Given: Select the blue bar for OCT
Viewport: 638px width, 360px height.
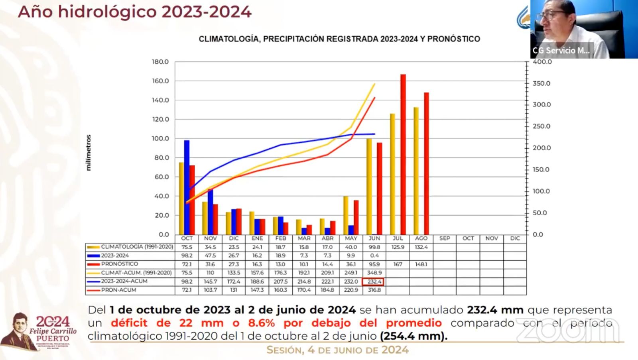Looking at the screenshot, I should (187, 187).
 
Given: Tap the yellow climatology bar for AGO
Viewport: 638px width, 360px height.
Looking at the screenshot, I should (416, 171).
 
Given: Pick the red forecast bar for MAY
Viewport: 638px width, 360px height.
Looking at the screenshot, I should (356, 217).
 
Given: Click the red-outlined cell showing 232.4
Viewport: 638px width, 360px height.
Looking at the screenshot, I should (374, 281).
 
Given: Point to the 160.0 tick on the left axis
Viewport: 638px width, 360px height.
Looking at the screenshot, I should (160, 81).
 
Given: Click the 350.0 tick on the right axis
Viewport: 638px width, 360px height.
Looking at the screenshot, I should (542, 83).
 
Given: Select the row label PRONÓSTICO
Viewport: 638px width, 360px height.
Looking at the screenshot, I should (119, 264).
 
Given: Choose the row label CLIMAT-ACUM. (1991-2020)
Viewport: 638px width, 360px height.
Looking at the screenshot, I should (136, 273).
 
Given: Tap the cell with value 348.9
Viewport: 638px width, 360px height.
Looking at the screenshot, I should (374, 273).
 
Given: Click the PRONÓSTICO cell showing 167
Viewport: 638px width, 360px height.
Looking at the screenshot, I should (398, 264).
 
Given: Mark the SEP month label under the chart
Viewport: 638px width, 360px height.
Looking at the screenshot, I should (445, 238).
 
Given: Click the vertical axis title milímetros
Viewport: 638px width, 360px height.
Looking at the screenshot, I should (89, 153).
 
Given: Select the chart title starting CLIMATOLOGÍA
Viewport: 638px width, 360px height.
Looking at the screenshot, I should (339, 39).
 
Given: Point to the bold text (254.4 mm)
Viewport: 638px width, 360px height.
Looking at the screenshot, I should (414, 336).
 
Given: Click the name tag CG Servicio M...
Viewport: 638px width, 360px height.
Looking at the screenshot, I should (561, 51).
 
